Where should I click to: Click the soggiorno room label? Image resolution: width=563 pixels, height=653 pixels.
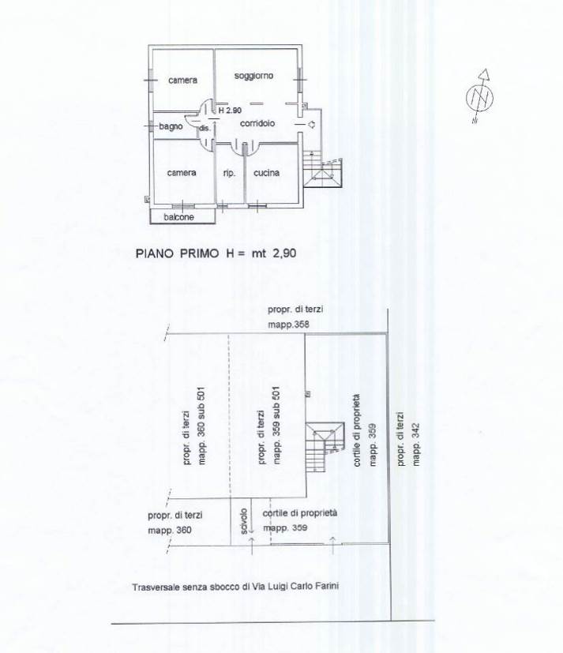point(253,76)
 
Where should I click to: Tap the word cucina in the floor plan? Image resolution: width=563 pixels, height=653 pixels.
point(267,173)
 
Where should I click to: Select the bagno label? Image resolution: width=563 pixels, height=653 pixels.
point(171,126)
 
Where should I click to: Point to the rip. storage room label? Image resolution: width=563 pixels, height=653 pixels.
point(229,173)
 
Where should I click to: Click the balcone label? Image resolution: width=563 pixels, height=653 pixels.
point(178,217)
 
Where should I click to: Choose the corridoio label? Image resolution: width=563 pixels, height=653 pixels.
point(257,123)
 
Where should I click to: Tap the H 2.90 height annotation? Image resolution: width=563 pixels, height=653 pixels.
point(230,111)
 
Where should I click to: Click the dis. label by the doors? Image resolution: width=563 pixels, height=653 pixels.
point(205,128)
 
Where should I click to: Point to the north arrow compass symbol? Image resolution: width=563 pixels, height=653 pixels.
point(480,96)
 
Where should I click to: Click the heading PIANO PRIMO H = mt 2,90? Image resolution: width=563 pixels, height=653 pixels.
point(216,253)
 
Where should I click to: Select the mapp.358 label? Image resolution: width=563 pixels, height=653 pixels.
point(288,325)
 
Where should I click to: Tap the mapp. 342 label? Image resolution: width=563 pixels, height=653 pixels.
point(415,445)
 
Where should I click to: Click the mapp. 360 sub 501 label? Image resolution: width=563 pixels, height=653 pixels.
point(201,426)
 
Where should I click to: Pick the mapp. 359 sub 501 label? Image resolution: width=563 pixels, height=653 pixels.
point(276,426)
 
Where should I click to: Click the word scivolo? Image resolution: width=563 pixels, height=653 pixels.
point(244,521)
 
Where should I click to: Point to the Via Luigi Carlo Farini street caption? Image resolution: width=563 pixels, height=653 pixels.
point(235,587)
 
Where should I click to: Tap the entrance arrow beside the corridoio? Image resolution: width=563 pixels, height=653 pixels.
point(311,125)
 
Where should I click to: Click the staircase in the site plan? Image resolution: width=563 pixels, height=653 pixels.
point(325,447)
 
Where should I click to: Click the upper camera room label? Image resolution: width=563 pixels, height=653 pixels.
point(183,80)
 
